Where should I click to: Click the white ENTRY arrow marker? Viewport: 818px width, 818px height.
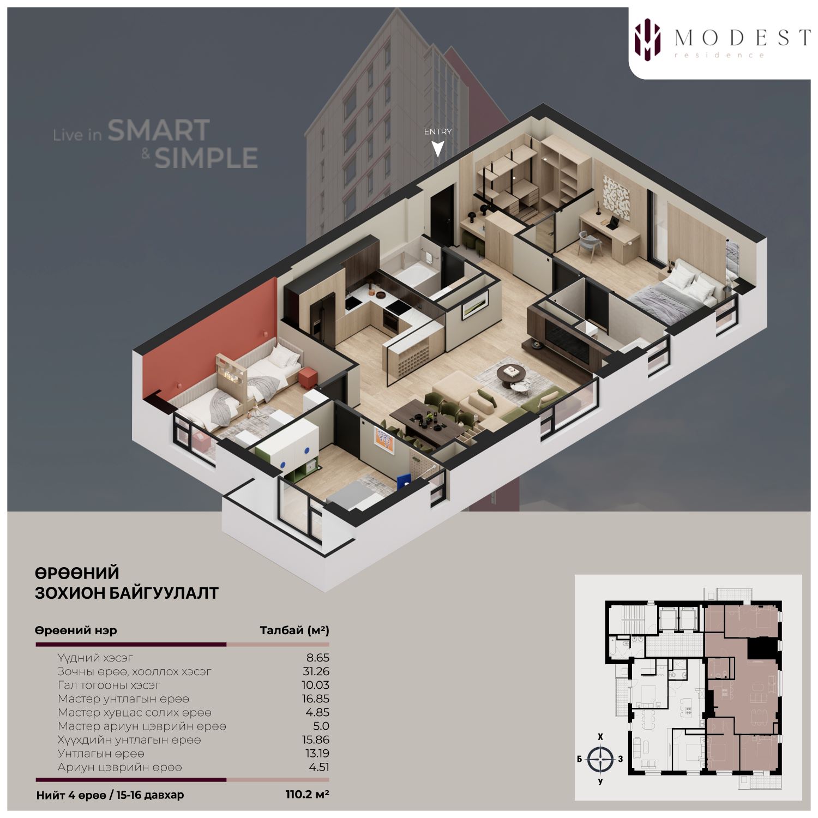coord(437,148)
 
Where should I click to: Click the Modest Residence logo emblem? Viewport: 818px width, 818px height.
coord(647,39)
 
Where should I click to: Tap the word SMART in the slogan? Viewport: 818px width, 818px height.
coord(159,130)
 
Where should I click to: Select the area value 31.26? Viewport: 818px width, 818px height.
coord(316,671)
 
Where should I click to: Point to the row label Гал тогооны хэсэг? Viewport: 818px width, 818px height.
coord(109,685)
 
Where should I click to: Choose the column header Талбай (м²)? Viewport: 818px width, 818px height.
coord(294,630)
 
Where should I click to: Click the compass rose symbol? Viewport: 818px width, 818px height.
coord(600,759)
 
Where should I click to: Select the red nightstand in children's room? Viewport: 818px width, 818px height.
coord(308,376)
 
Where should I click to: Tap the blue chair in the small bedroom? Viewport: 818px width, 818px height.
coord(403,482)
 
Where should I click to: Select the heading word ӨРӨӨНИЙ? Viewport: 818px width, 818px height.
coord(77,573)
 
